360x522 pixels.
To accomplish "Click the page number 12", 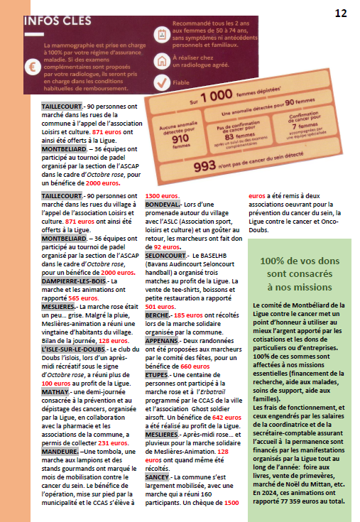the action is coord(342,13).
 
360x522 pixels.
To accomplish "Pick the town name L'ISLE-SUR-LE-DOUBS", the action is coord(74,350).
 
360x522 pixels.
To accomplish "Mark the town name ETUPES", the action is coord(158,375).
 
